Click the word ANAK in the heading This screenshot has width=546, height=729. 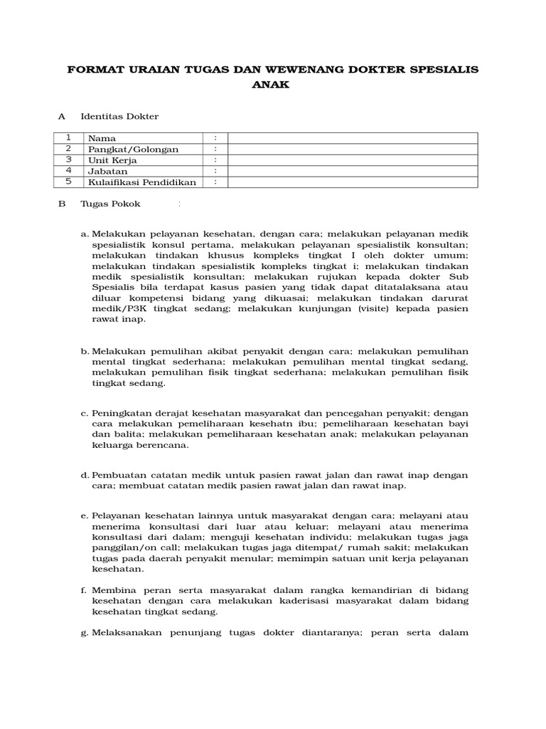272,84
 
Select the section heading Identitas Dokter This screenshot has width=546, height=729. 119,116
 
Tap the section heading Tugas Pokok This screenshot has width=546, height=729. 110,204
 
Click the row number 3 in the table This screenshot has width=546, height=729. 69,160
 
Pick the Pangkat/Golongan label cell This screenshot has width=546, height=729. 133,150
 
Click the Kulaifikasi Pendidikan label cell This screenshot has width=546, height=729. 141,182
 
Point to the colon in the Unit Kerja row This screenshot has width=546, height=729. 215,160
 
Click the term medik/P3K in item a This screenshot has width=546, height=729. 119,309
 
